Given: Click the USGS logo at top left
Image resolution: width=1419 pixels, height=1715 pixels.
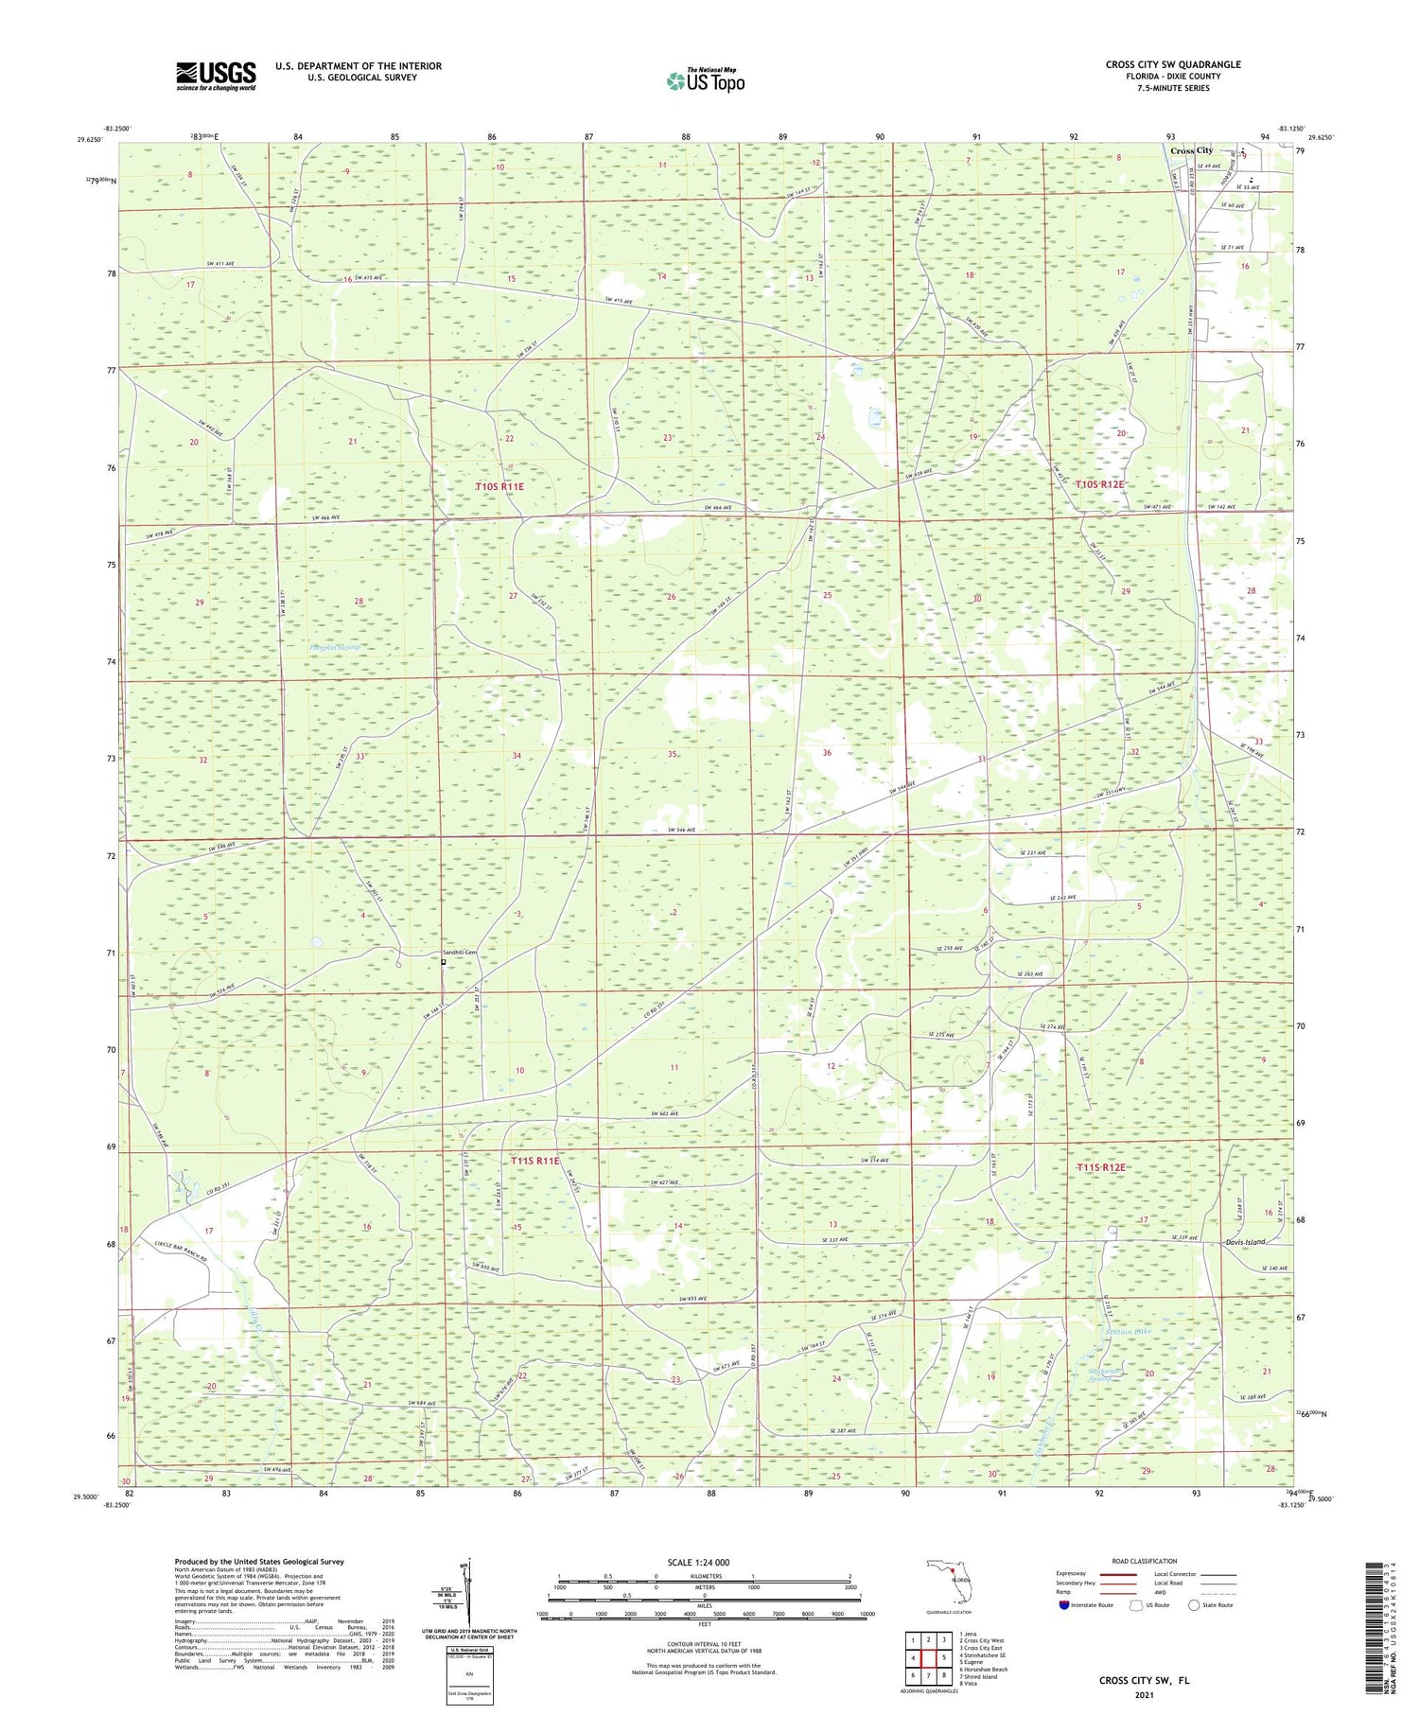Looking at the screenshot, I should pyautogui.click(x=216, y=76).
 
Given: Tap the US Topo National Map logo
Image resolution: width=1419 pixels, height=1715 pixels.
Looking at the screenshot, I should pyautogui.click(x=706, y=80).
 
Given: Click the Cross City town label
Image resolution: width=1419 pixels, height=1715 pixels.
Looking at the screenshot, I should pyautogui.click(x=1191, y=150).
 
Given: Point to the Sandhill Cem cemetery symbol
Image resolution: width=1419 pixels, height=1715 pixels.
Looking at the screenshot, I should pyautogui.click(x=443, y=962).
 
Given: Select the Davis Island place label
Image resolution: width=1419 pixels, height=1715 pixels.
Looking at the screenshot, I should pyautogui.click(x=1244, y=1242).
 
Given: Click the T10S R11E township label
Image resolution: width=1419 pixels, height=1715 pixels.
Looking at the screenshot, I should pyautogui.click(x=499, y=486).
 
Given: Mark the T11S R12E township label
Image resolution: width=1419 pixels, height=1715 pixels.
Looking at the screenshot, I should pyautogui.click(x=1101, y=1167).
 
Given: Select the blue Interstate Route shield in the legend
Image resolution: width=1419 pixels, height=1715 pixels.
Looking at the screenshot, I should pyautogui.click(x=1063, y=1605).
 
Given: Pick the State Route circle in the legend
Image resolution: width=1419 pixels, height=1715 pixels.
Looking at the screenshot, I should pyautogui.click(x=1195, y=1605).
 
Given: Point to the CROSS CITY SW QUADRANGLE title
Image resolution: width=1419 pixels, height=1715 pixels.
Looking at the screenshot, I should pyautogui.click(x=1173, y=64).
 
